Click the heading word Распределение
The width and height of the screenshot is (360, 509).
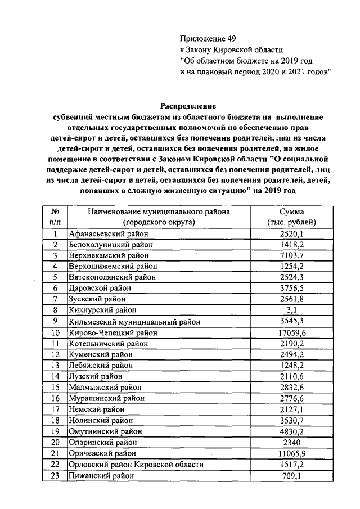point(187,105)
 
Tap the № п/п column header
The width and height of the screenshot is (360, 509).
point(55,217)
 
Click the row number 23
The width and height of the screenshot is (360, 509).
point(55,475)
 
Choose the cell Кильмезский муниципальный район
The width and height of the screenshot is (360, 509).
point(134,322)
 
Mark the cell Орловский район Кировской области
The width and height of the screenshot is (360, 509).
point(136,465)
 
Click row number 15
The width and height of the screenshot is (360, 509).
point(55,388)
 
